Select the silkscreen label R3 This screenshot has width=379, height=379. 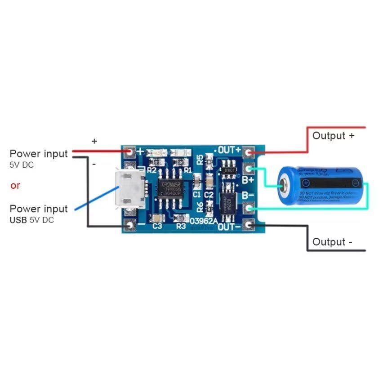181,226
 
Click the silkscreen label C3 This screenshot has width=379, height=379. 157,226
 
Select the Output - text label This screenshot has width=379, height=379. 332,242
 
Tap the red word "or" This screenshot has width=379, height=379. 15,185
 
